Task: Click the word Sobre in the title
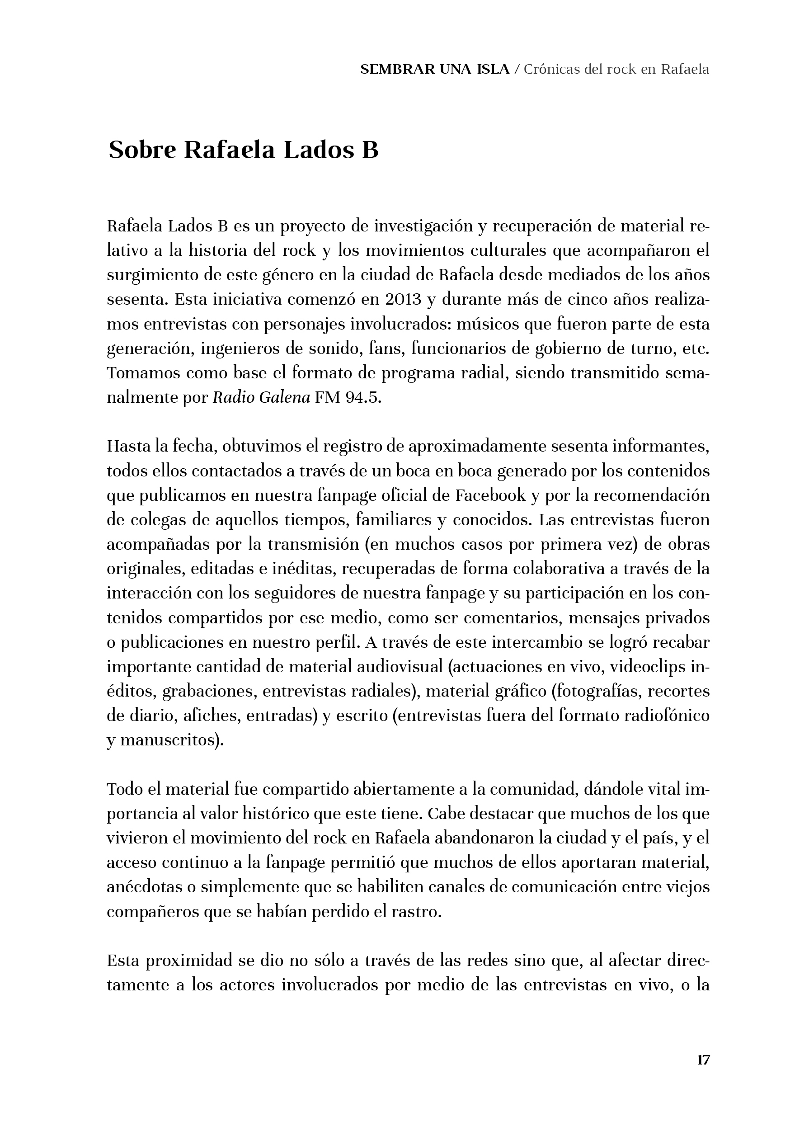(142, 150)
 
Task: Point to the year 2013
(402, 299)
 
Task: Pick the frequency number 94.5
(362, 397)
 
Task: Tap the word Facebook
(490, 495)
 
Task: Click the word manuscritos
(171, 740)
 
